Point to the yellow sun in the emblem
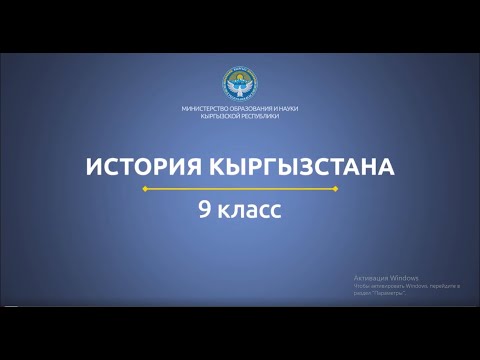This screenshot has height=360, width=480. pos(239,76)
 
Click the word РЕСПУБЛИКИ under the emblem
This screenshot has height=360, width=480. pos(260,116)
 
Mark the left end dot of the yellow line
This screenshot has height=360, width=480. pos(144,188)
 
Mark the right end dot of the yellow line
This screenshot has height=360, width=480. pos(335,188)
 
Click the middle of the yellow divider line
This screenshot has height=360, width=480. pos(240,188)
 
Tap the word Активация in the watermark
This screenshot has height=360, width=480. pos(370,277)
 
